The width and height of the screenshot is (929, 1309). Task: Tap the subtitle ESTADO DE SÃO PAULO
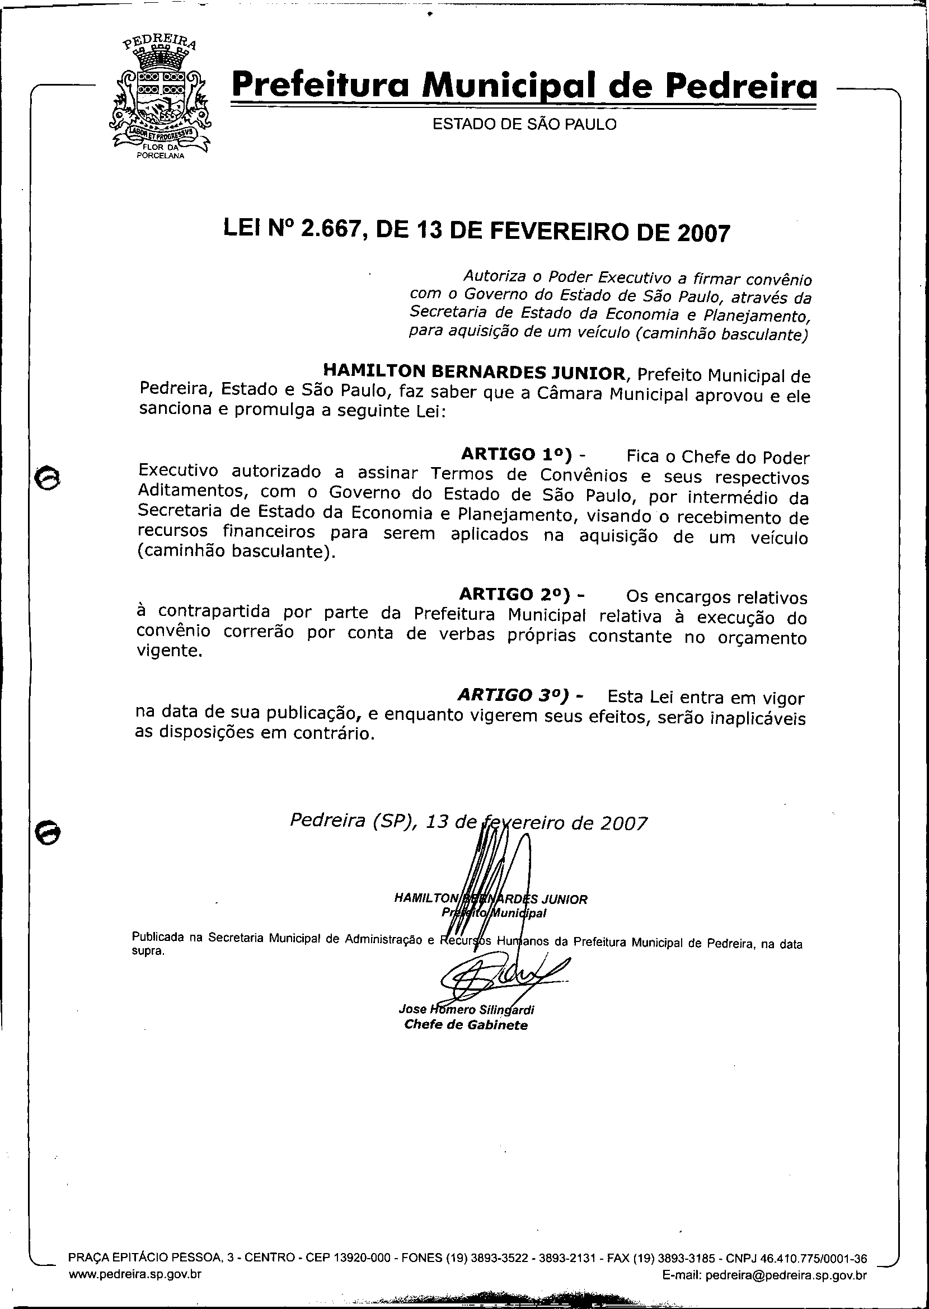pos(524,124)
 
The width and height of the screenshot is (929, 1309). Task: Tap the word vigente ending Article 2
pos(170,651)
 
